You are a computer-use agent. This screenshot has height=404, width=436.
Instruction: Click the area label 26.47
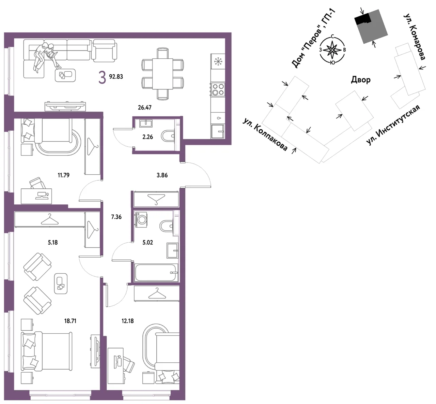144,107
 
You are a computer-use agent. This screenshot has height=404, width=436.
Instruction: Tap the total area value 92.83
116,77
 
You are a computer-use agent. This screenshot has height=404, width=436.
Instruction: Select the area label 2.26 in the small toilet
147,137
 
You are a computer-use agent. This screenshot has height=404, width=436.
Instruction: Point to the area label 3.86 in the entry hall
162,175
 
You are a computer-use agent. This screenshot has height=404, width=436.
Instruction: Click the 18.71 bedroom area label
70,321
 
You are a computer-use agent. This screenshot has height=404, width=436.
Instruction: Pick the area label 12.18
127,321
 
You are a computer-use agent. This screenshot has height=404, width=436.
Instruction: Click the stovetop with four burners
218,89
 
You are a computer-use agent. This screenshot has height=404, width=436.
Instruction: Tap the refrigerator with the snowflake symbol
218,61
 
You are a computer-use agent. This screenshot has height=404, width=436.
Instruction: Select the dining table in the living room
162,74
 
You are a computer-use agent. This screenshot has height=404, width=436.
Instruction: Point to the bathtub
156,273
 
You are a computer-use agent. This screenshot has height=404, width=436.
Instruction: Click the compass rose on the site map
332,50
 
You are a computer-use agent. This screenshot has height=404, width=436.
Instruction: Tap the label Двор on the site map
361,80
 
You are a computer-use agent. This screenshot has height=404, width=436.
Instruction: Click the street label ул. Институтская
393,125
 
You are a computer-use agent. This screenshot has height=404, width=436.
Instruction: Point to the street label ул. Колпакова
265,134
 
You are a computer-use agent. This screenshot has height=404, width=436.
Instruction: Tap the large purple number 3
102,78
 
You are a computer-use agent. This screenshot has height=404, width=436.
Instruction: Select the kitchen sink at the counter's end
218,131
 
